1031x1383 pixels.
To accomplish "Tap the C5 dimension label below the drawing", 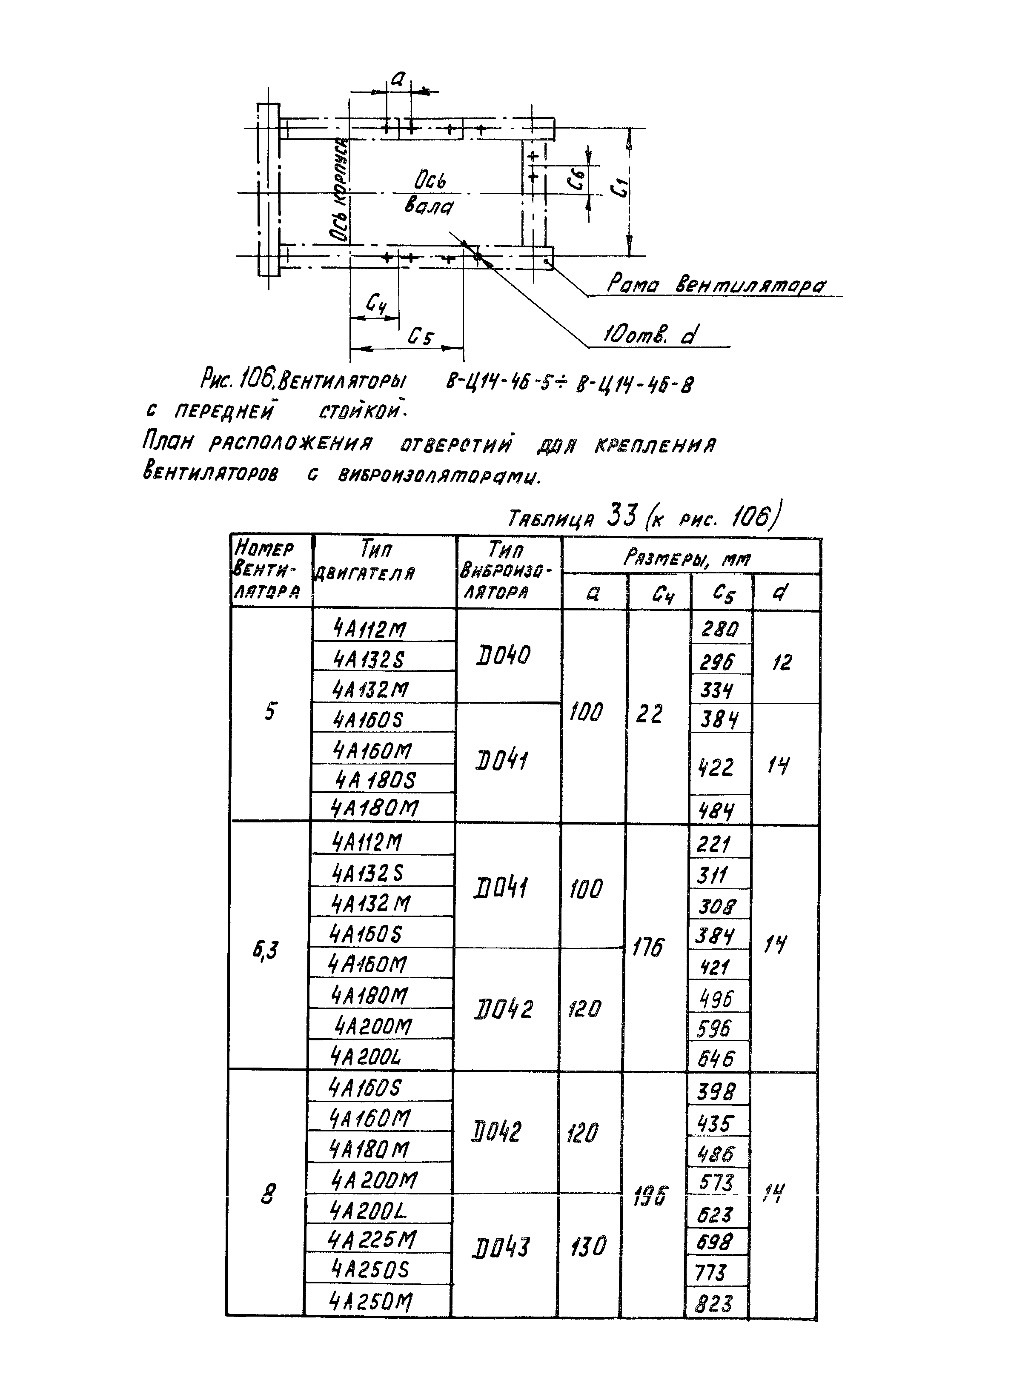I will tap(421, 338).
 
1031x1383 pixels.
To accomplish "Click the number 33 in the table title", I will tap(621, 517).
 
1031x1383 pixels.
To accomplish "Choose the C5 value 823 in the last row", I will tap(715, 1304).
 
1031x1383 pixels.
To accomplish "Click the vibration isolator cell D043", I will tap(501, 1248).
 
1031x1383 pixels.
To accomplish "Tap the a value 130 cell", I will tap(587, 1247).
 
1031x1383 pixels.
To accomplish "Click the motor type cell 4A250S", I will tap(371, 1269).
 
